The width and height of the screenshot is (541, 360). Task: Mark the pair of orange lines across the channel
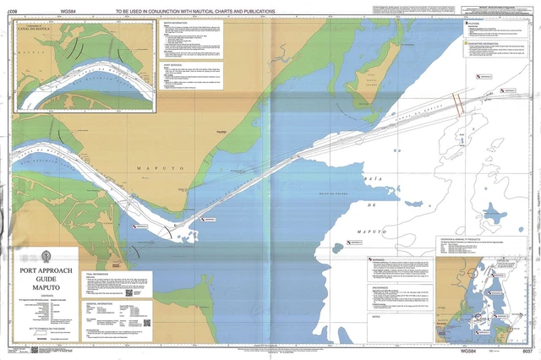(x=458, y=104)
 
